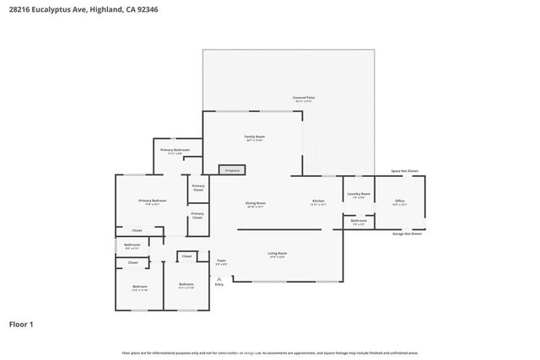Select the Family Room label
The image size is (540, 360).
(255, 137)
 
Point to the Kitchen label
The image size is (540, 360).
(319, 201)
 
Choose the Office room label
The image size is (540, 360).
(400, 201)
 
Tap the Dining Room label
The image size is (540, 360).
(256, 204)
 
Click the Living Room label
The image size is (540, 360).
(278, 254)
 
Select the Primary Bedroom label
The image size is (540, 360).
(153, 201)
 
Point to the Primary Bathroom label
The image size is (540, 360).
(175, 151)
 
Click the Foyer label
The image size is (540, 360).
(221, 262)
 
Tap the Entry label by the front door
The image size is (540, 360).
(219, 284)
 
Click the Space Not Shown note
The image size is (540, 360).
(404, 171)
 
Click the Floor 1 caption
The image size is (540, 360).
(21, 324)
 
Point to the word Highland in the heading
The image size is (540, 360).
(97, 9)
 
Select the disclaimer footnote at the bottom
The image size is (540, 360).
(270, 352)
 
